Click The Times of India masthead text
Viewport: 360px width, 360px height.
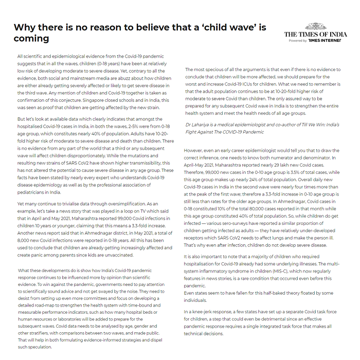tap(315, 34)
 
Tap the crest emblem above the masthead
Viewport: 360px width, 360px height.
tap(315, 26)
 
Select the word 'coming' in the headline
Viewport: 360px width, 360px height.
tap(31, 39)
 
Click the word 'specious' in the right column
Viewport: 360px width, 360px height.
tap(210, 69)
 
